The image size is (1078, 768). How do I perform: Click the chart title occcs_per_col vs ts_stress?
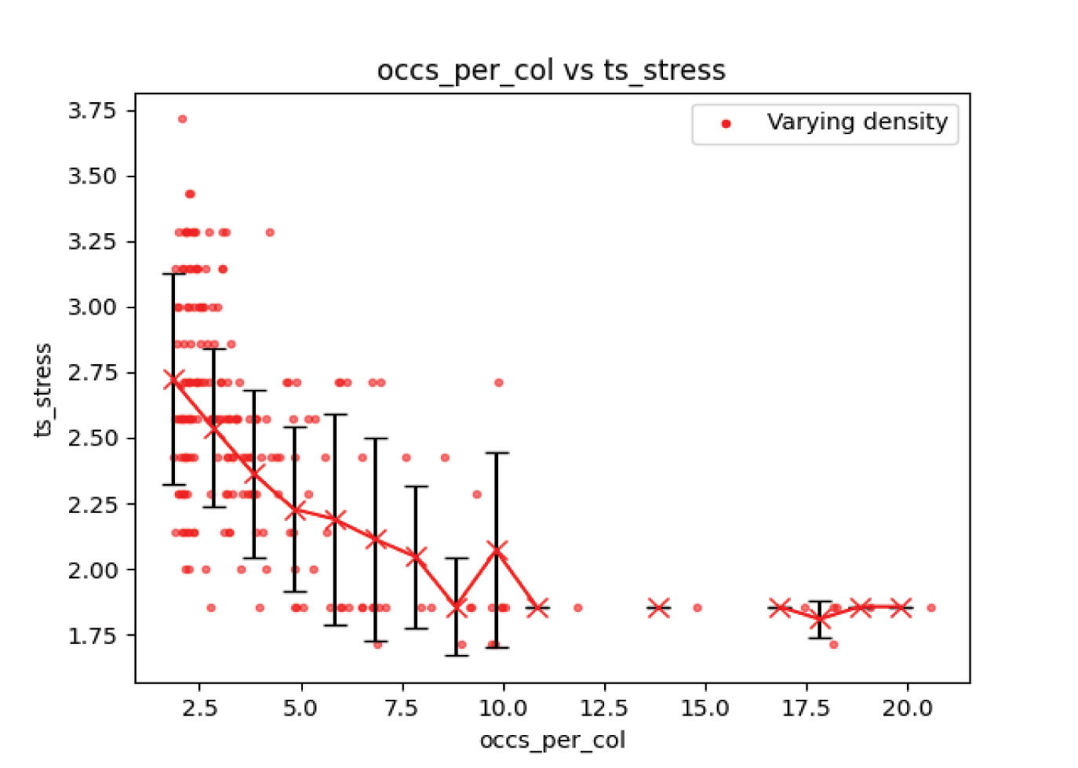pyautogui.click(x=551, y=71)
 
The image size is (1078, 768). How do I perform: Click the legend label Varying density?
pyautogui.click(x=857, y=122)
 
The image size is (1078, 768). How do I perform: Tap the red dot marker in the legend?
pyautogui.click(x=726, y=124)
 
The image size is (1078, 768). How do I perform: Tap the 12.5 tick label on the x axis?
pyautogui.click(x=603, y=708)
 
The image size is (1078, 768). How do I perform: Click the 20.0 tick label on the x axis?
pyautogui.click(x=907, y=708)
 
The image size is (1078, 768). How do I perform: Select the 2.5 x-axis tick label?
pyautogui.click(x=199, y=708)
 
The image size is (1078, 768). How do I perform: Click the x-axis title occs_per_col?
pyautogui.click(x=552, y=741)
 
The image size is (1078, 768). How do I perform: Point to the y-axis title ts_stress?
pyautogui.click(x=43, y=390)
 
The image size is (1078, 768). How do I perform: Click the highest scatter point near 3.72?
pyautogui.click(x=182, y=119)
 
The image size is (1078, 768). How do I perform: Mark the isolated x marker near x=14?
pyautogui.click(x=658, y=608)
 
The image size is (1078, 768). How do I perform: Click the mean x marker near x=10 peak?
pyautogui.click(x=496, y=550)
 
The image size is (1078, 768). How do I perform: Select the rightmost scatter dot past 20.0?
pyautogui.click(x=931, y=608)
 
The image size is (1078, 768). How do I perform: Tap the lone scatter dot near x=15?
pyautogui.click(x=697, y=608)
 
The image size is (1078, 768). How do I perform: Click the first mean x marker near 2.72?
pyautogui.click(x=173, y=380)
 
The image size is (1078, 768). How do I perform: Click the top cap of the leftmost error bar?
pyautogui.click(x=173, y=275)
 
